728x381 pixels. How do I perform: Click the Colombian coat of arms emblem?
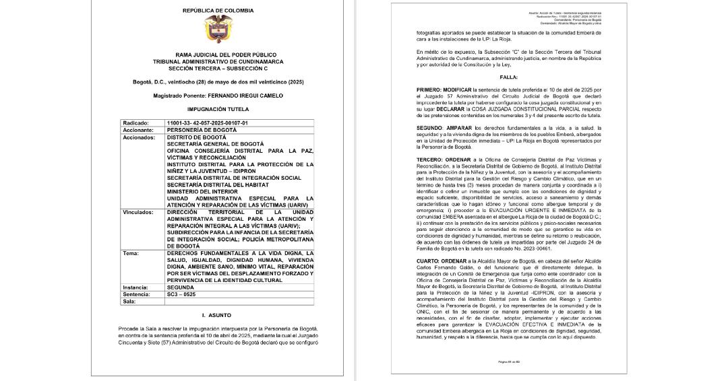217,29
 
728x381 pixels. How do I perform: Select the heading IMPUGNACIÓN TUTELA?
217,108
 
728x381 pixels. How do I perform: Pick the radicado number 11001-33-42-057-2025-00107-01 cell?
208,123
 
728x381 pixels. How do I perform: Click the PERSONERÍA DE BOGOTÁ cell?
202,129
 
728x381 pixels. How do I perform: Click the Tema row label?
131,254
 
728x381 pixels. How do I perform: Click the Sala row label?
130,300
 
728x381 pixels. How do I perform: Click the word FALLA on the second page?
509,77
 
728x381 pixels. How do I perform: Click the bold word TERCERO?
434,159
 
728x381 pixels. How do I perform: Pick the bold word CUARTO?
432,241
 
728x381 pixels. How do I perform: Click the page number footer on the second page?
509,361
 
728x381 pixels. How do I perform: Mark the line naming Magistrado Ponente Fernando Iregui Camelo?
217,95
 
